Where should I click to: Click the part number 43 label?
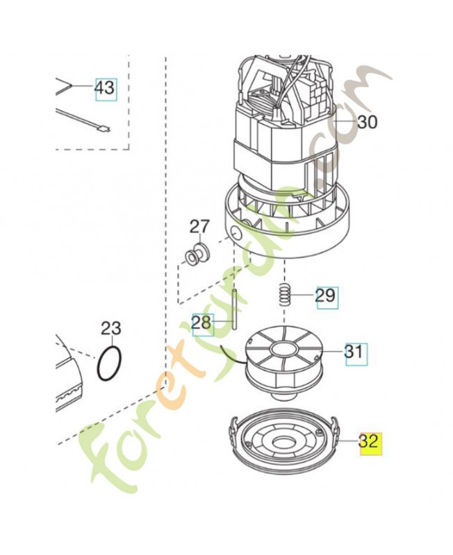[106, 88]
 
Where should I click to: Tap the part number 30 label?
[368, 123]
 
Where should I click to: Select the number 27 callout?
[199, 227]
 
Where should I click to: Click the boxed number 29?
[327, 295]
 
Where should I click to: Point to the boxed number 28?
[202, 323]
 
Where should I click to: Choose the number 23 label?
[110, 328]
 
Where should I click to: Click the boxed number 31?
[356, 352]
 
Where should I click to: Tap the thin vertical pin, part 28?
[234, 309]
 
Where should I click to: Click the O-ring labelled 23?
[109, 364]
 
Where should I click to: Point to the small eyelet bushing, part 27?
[198, 252]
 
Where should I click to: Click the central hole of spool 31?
[283, 349]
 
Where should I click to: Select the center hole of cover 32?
[283, 442]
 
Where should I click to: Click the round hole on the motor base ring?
[235, 233]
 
